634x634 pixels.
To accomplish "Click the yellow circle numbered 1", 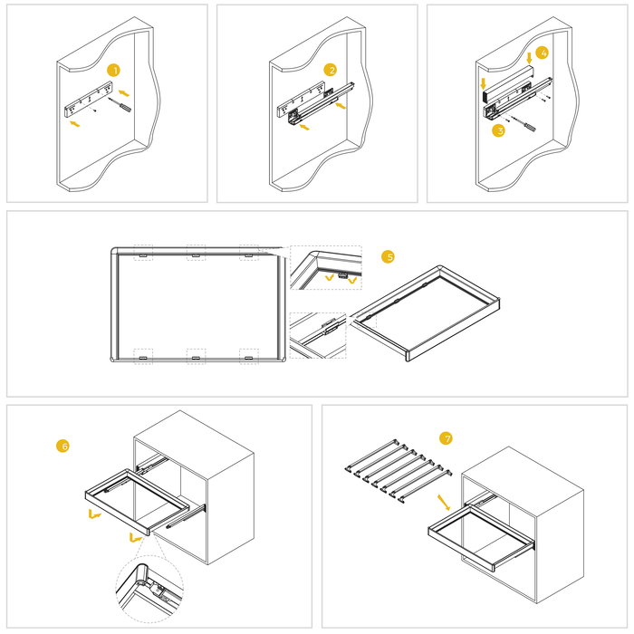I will click(x=113, y=70).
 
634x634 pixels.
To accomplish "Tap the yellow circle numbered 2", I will click(x=331, y=70).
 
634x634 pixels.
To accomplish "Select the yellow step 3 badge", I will click(x=498, y=130).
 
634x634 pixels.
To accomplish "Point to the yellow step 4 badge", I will click(x=542, y=53).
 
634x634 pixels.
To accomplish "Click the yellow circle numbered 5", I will click(x=389, y=257).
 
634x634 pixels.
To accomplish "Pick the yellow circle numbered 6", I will click(x=62, y=446).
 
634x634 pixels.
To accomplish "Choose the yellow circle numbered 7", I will click(x=446, y=438).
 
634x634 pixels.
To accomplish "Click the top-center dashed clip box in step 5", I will click(x=196, y=253).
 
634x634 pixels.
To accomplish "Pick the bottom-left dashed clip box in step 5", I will click(x=143, y=356).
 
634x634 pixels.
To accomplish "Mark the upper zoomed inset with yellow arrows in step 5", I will click(x=325, y=269).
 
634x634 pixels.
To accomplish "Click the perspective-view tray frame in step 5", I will click(x=426, y=312).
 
